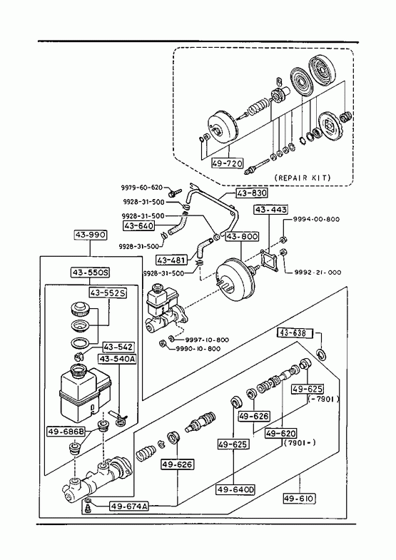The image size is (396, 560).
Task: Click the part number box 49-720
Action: [228, 163]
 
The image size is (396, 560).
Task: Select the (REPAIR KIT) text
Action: [303, 178]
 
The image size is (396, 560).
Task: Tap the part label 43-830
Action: [252, 193]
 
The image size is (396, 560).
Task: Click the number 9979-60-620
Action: [141, 188]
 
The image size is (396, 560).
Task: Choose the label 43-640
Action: [139, 225]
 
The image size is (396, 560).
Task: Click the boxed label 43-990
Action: [91, 235]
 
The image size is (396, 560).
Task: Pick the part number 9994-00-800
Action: [316, 219]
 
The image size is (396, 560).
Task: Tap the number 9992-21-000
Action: [318, 272]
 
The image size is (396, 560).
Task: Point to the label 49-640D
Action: [235, 489]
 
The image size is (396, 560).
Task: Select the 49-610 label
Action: [300, 498]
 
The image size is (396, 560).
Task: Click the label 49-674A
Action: [129, 506]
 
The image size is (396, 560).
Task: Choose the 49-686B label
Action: [66, 432]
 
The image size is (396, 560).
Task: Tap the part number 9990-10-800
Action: [198, 349]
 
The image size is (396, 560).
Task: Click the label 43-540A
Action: [117, 359]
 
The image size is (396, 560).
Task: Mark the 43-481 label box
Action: [172, 260]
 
